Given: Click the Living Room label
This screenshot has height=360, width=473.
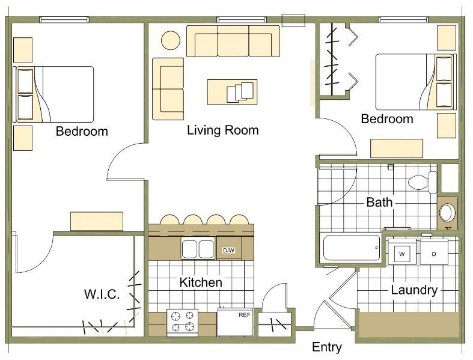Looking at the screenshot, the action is click(x=223, y=130).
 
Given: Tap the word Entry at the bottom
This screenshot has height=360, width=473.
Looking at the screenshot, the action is click(x=327, y=347).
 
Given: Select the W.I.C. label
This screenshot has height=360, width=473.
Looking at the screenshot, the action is click(x=102, y=294).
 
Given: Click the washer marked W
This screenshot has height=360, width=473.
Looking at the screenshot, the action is click(x=402, y=252).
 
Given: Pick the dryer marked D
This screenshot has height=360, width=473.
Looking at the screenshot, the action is click(x=434, y=252).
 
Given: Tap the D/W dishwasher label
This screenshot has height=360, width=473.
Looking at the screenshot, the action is click(x=228, y=250).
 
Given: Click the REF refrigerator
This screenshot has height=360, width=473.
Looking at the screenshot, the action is click(x=235, y=323).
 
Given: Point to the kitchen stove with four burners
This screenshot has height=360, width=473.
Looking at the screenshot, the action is click(x=183, y=323).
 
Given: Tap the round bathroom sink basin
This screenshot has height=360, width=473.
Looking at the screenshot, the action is click(x=447, y=213).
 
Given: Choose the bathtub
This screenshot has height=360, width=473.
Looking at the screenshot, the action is click(x=352, y=248).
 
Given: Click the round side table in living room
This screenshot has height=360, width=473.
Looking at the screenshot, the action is click(x=171, y=40).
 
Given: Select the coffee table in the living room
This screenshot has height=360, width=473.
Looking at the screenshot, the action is click(x=232, y=92).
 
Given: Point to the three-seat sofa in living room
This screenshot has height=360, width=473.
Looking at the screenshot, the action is click(x=233, y=41).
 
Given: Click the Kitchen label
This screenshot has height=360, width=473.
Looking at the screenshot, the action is click(x=201, y=282).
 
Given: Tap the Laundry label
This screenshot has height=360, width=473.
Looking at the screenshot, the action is click(x=414, y=290).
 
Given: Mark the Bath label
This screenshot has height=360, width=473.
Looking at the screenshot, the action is click(x=379, y=202).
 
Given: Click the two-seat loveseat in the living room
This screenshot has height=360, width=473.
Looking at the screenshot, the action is click(x=168, y=89).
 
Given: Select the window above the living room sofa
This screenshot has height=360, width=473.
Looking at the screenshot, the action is click(x=242, y=20).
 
